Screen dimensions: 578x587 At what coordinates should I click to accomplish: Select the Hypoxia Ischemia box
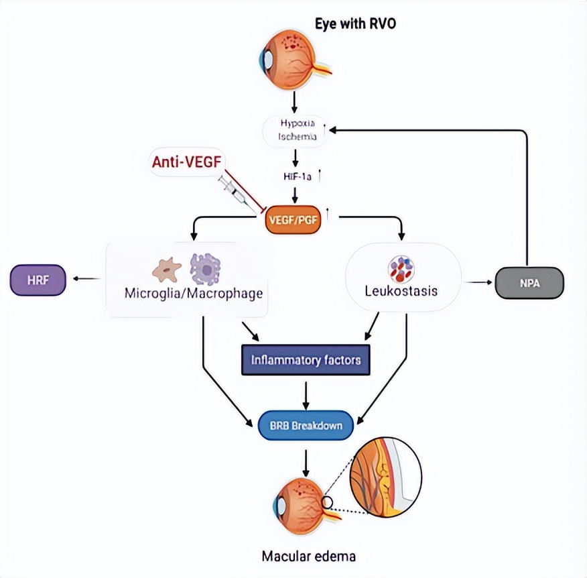coord(295,130)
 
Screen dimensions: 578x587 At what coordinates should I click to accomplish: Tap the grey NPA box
coord(529,283)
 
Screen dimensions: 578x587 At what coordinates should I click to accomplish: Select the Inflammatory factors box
coord(306,360)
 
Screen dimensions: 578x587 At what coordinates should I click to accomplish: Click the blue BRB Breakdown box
coord(306,425)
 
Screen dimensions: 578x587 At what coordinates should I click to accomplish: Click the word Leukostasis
coord(401,292)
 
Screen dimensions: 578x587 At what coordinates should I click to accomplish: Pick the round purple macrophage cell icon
coord(205,269)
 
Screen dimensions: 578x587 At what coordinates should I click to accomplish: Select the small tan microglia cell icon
coord(166,270)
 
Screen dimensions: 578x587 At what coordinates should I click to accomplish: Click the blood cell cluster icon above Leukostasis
coord(401,268)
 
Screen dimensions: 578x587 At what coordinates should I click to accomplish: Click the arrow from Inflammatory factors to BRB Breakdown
coord(306,394)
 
